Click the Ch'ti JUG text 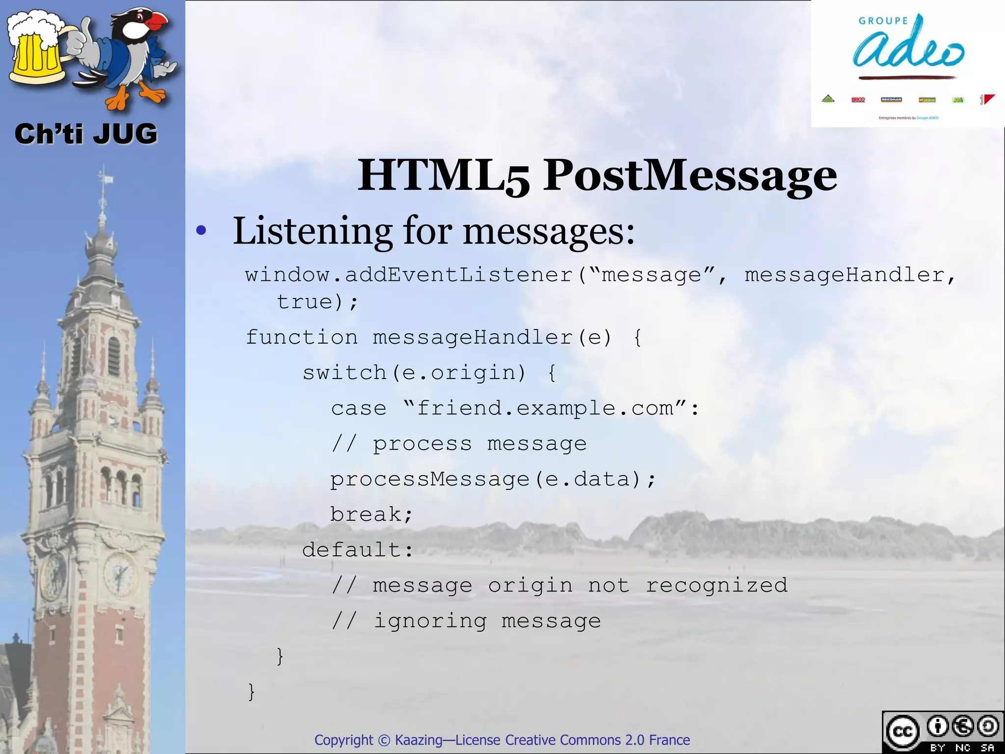pyautogui.click(x=86, y=134)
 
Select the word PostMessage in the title pyautogui.click(x=689, y=175)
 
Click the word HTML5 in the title pyautogui.click(x=444, y=175)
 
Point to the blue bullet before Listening pyautogui.click(x=201, y=230)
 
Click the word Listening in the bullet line pyautogui.click(x=312, y=230)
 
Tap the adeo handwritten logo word pyautogui.click(x=908, y=47)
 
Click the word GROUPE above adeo pyautogui.click(x=883, y=21)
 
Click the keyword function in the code pyautogui.click(x=301, y=337)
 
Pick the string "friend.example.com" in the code pyautogui.click(x=545, y=408)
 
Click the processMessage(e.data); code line pyautogui.click(x=493, y=479)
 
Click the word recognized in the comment pyautogui.click(x=716, y=585)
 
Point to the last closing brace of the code pyautogui.click(x=251, y=691)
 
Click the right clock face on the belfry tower pyautogui.click(x=119, y=573)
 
